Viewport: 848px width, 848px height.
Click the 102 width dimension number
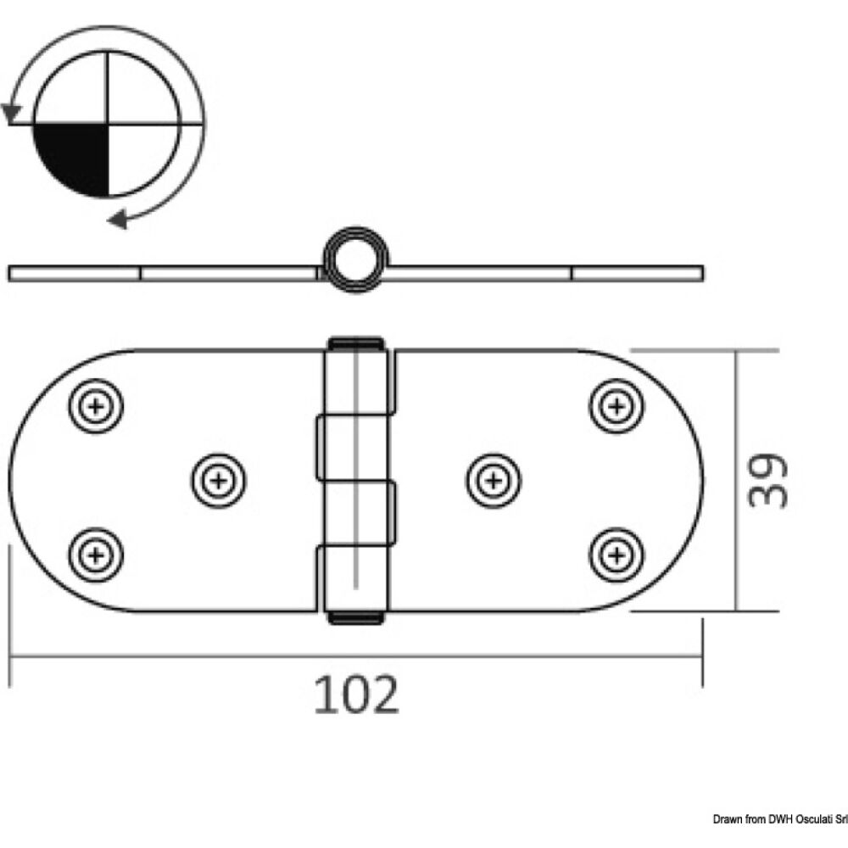pos(356,695)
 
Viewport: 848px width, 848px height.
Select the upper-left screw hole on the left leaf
pos(95,408)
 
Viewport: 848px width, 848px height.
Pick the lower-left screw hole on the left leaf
pos(95,555)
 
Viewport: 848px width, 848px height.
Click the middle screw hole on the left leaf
pos(220,482)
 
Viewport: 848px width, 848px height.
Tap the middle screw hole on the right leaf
pos(493,482)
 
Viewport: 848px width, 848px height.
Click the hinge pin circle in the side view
pos(353,259)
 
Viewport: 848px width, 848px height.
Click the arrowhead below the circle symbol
pos(117,220)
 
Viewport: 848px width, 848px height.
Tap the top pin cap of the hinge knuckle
pos(354,343)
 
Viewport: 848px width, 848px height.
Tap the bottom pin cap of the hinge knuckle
pos(354,618)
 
